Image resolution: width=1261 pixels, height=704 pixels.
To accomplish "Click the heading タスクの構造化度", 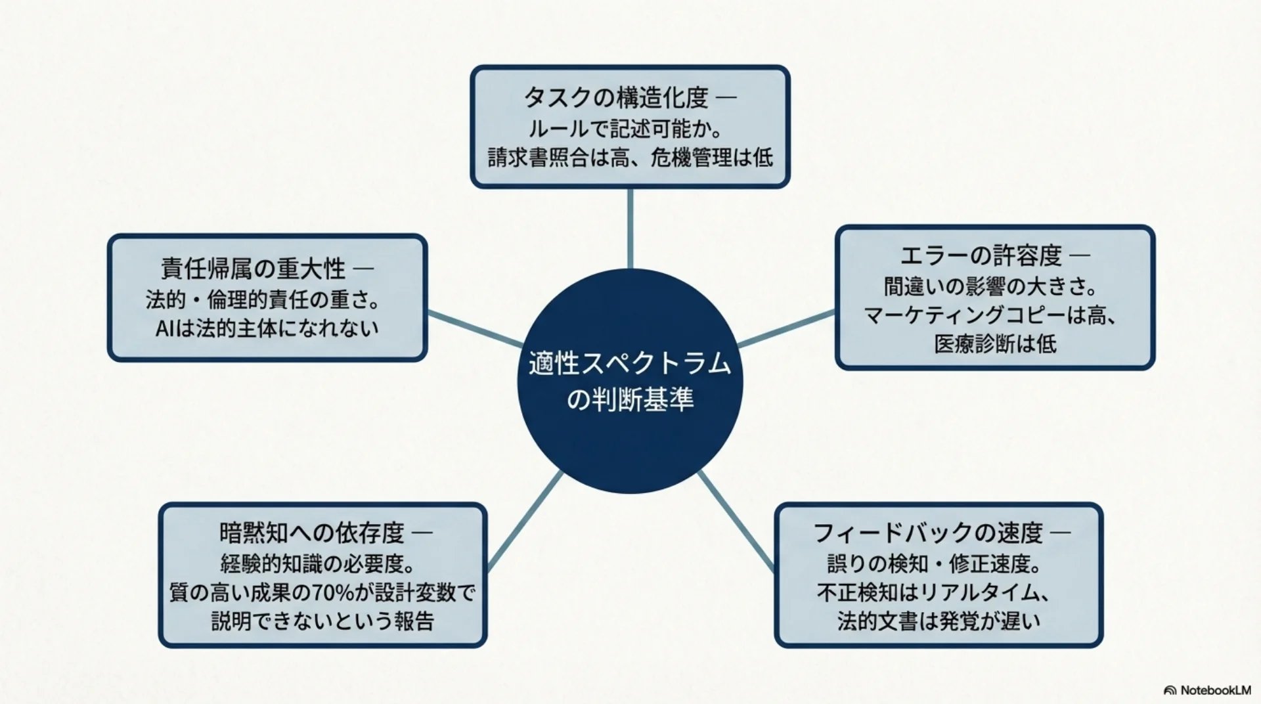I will tap(616, 99).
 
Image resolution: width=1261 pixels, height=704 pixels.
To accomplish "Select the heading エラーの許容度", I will tap(981, 256).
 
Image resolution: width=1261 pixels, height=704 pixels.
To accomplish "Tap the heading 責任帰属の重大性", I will tap(254, 269).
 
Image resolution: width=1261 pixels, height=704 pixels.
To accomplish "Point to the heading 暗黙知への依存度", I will tap(312, 533).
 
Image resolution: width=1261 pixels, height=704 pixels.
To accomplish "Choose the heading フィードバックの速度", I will tap(928, 533).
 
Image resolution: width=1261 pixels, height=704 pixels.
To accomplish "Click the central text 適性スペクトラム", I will tap(630, 363).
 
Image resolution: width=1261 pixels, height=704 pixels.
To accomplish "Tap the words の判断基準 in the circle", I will tap(630, 399).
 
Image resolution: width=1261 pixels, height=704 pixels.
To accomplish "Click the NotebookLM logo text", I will tap(1215, 690).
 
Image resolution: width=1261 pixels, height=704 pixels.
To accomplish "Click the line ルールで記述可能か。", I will tap(625, 129).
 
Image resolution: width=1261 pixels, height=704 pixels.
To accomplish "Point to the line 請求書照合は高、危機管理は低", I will tap(630, 158).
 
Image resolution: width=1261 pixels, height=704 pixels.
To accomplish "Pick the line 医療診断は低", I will tap(995, 343).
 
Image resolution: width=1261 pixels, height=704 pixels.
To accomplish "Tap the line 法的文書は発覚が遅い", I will tap(939, 621).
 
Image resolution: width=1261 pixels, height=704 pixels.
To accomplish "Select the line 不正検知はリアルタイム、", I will tap(933, 592).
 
